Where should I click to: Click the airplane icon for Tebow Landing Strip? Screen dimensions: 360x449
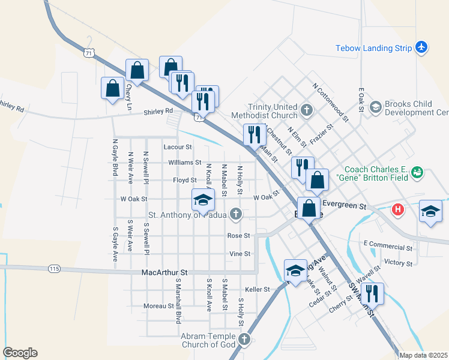(421, 47)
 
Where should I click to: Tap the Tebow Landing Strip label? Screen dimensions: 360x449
(373, 47)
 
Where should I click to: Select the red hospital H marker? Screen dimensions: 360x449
(397, 209)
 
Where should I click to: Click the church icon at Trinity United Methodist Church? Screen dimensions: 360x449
(307, 110)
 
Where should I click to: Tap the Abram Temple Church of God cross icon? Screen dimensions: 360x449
(244, 340)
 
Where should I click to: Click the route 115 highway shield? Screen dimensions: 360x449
(55, 268)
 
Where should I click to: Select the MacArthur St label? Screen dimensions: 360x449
(164, 272)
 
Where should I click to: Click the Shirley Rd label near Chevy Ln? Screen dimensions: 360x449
(158, 111)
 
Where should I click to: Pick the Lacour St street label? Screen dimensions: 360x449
(177, 146)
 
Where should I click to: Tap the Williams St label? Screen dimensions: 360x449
(184, 163)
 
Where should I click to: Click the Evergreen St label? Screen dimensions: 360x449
(346, 206)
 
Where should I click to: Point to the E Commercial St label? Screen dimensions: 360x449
(388, 247)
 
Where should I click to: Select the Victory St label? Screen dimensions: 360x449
(398, 263)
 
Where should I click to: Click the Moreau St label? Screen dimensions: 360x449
(158, 306)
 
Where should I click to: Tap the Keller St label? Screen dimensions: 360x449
(258, 289)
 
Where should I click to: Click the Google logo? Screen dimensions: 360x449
(20, 353)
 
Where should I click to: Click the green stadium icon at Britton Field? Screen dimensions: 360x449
(417, 173)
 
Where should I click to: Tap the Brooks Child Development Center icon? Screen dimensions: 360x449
(376, 107)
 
